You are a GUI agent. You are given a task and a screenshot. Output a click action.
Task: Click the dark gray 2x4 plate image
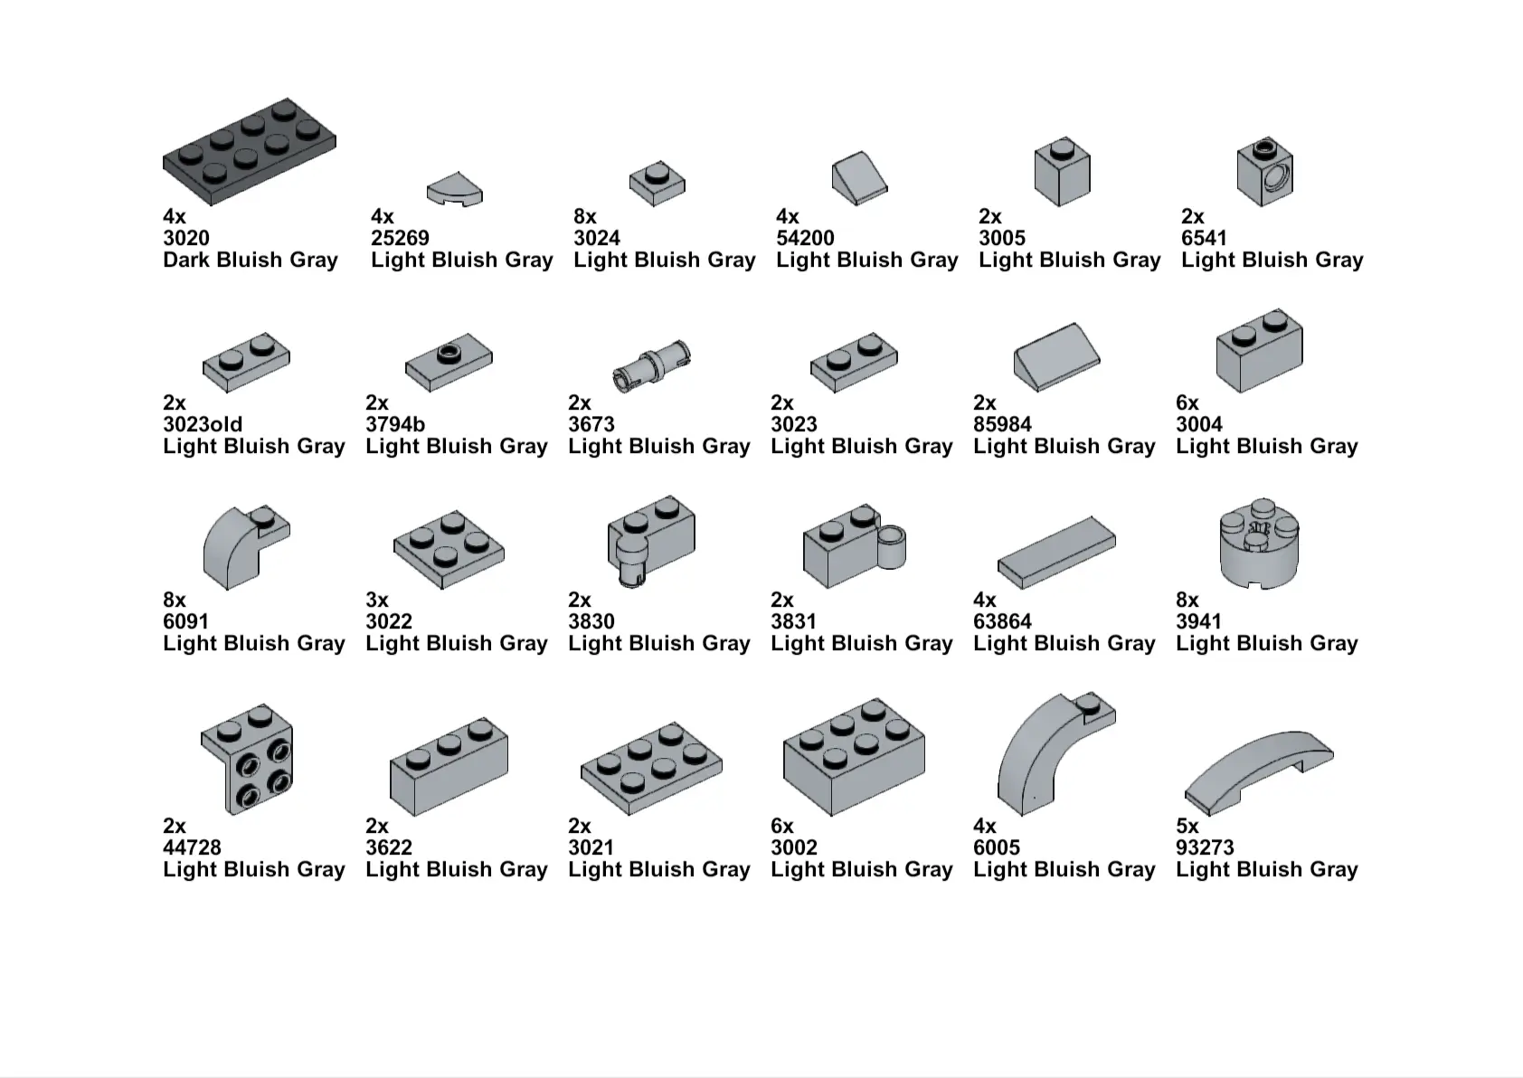pyautogui.click(x=249, y=152)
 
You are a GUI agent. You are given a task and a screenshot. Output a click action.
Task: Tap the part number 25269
pyautogui.click(x=400, y=238)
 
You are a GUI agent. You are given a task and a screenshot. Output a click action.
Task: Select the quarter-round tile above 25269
pyautogui.click(x=454, y=189)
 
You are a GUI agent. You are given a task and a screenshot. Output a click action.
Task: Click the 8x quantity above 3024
pyautogui.click(x=585, y=216)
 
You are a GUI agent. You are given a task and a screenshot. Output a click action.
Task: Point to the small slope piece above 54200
pyautogui.click(x=859, y=177)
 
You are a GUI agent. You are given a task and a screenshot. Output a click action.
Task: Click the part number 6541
pyautogui.click(x=1204, y=238)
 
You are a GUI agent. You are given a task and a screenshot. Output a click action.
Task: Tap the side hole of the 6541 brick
pyautogui.click(x=1276, y=179)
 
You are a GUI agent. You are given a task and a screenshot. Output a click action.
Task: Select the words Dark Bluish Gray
pyautogui.click(x=251, y=260)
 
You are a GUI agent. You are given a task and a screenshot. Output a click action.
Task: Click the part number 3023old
pyautogui.click(x=203, y=424)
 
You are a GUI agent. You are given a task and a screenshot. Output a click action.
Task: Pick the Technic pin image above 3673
pyautogui.click(x=651, y=365)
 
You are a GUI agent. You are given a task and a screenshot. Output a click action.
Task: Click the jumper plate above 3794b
pyautogui.click(x=449, y=363)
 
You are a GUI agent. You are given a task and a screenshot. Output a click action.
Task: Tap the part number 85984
pyautogui.click(x=1002, y=424)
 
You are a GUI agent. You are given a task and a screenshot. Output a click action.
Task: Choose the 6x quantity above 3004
pyautogui.click(x=1187, y=402)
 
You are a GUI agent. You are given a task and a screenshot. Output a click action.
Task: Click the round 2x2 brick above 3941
pyautogui.click(x=1259, y=544)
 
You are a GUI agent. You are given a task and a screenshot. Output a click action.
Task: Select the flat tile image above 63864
pyautogui.click(x=1056, y=553)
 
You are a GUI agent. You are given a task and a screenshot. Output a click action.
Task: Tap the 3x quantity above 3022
pyautogui.click(x=376, y=600)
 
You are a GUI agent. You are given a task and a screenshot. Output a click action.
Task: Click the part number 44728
pyautogui.click(x=192, y=847)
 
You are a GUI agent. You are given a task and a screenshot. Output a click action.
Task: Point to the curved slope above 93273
pyautogui.click(x=1259, y=773)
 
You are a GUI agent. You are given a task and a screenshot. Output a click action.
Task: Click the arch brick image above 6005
pyautogui.click(x=1056, y=753)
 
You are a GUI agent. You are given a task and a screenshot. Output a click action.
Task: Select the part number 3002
pyautogui.click(x=794, y=847)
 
